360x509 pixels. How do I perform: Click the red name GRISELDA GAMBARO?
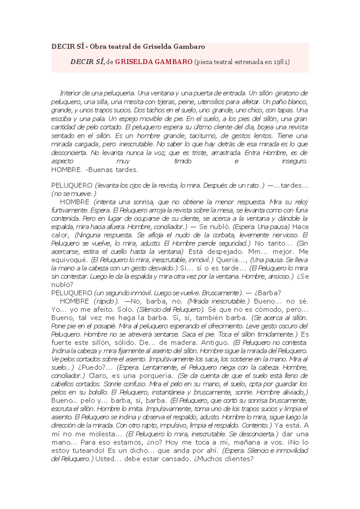(x=154, y=62)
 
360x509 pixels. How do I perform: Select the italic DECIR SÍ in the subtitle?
(x=87, y=62)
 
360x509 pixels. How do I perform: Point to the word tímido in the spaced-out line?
(x=183, y=161)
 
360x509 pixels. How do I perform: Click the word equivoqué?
(x=69, y=260)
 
